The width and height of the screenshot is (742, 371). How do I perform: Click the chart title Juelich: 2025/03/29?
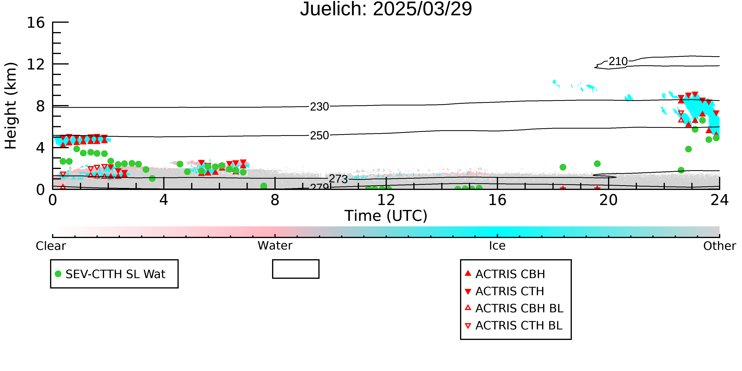(x=386, y=9)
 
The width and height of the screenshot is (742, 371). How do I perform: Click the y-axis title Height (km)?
(x=11, y=106)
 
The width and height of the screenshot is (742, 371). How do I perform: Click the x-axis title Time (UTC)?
(x=386, y=216)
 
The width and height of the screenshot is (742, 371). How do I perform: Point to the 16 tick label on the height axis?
(x=36, y=23)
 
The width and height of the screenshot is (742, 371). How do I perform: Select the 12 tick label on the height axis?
(x=36, y=64)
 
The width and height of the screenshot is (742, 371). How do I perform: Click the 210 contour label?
(x=618, y=61)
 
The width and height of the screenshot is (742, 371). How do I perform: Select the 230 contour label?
(x=319, y=107)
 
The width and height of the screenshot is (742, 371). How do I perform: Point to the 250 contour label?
(x=319, y=135)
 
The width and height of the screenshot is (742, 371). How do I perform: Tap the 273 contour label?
(x=339, y=179)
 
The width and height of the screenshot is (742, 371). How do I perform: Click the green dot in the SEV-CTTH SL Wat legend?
(x=58, y=274)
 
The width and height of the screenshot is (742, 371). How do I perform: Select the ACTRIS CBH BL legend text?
(x=519, y=308)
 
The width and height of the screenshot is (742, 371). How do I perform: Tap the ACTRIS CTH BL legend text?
(x=519, y=325)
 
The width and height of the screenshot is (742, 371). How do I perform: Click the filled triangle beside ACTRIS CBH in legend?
(x=468, y=273)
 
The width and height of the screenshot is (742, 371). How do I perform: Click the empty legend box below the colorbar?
(x=296, y=260)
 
